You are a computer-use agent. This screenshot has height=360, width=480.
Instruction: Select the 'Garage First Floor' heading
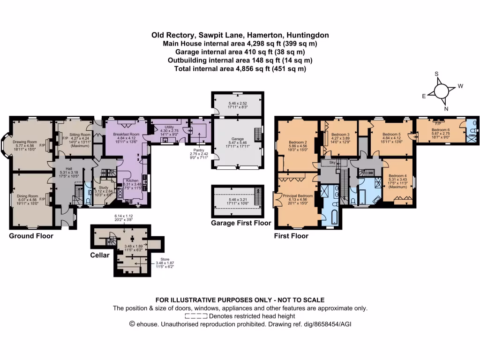click(240, 223)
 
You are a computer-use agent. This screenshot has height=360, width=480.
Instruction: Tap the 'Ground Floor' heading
click(31, 236)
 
